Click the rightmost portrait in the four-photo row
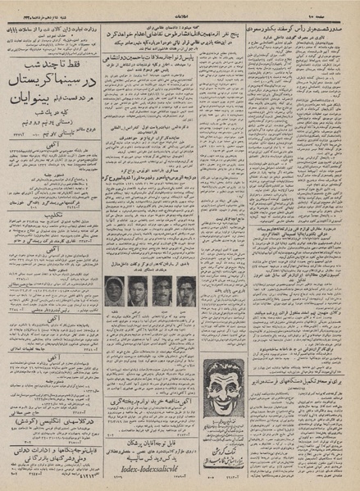187,289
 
